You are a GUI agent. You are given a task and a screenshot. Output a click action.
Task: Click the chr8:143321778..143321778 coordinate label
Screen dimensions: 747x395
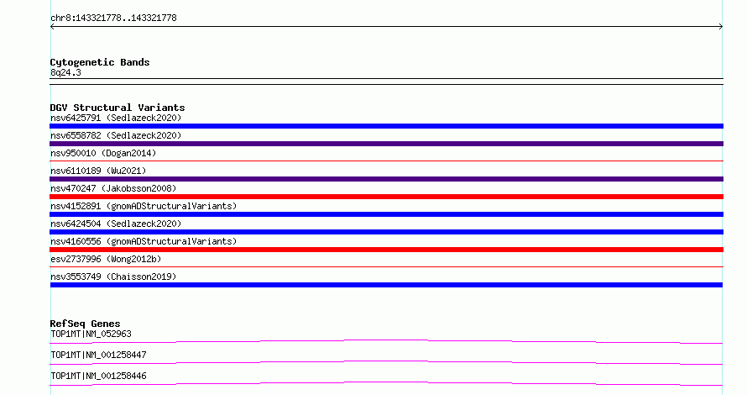(113, 18)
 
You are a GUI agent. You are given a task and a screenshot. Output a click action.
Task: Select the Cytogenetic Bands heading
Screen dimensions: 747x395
(100, 62)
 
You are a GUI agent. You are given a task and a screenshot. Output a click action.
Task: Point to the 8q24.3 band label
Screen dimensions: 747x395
(65, 72)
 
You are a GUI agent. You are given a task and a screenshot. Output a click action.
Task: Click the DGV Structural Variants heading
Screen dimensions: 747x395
(118, 108)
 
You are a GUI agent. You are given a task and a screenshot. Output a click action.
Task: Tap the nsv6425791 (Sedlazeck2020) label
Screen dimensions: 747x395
(116, 118)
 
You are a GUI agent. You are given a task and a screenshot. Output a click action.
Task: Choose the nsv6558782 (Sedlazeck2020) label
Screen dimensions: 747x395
(116, 135)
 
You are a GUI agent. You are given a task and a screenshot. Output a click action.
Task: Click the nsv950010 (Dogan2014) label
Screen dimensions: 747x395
(103, 153)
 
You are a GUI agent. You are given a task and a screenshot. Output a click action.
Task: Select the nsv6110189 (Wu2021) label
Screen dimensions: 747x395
(98, 171)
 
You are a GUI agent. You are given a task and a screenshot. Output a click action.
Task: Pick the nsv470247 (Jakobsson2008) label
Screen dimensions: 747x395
(113, 188)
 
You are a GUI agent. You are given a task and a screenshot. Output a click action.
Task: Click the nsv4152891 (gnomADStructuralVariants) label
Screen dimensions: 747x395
(144, 206)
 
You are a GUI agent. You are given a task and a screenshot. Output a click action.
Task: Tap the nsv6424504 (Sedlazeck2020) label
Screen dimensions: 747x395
(116, 224)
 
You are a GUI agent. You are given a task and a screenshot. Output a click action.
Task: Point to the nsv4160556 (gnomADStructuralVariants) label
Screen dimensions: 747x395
(144, 241)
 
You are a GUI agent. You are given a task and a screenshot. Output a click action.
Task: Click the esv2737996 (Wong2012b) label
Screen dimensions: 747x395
(106, 259)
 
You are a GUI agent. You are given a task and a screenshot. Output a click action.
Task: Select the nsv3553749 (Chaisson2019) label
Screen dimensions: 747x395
(113, 276)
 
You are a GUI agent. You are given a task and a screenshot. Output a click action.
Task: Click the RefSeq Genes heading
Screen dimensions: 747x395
(85, 324)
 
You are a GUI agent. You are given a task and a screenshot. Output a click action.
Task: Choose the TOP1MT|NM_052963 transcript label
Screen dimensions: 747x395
(91, 334)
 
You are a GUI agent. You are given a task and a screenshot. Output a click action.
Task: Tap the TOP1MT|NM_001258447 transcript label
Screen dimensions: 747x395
(98, 355)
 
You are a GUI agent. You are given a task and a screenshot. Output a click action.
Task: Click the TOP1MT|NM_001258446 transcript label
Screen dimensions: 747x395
(98, 376)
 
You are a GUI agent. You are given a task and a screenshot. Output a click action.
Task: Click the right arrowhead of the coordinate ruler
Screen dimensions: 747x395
(722, 27)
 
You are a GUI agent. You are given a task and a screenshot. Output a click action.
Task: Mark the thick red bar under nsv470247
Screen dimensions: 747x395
(386, 197)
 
